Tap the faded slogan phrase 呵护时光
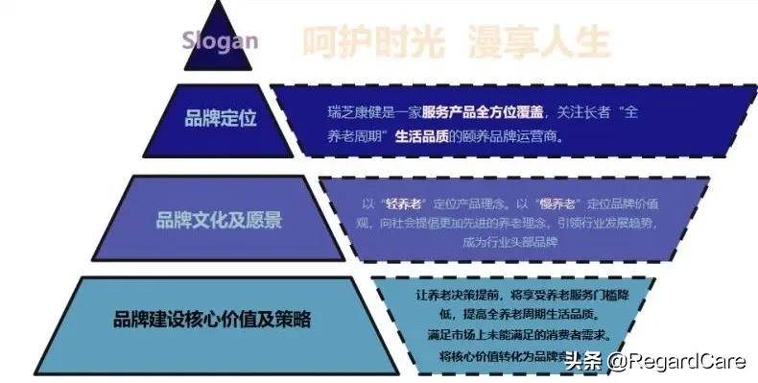364,41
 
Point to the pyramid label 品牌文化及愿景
219,220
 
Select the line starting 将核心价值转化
499,355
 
